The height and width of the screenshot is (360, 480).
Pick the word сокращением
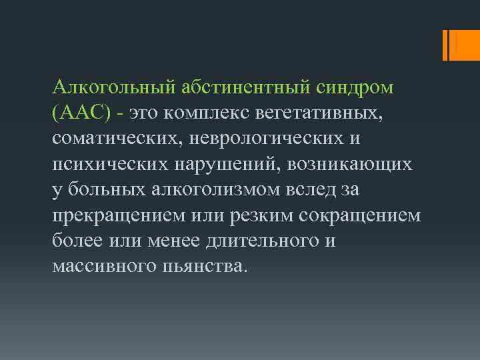[364, 215]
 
